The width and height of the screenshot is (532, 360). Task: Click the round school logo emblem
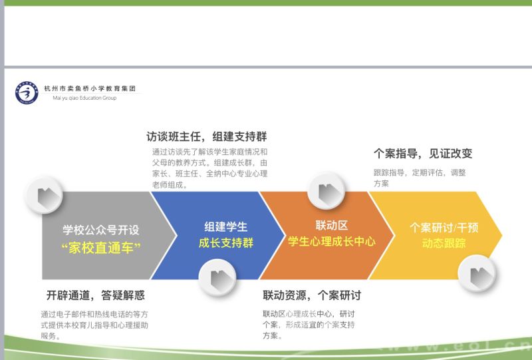pos(27,92)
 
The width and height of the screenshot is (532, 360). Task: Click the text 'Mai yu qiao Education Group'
pos(84,98)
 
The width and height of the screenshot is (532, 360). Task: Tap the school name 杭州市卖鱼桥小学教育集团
pos(90,89)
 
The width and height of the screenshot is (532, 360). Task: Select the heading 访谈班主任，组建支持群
pos(207,136)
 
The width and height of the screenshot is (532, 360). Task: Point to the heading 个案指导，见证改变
pos(423,154)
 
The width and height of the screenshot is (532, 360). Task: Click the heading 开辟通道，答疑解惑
pos(96,295)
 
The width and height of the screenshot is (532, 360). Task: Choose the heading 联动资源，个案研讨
pos(312,295)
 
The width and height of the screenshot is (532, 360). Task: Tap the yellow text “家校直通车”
pos(101,248)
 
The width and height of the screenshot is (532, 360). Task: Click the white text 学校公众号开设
pos(101,230)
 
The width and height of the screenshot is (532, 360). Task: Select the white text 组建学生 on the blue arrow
pos(226,226)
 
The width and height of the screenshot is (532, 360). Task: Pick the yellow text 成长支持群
pos(226,243)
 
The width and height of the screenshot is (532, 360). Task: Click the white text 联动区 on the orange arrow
pos(332,225)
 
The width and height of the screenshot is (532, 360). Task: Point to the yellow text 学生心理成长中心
pos(332,242)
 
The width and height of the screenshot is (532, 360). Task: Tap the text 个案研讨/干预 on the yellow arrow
pos(444,227)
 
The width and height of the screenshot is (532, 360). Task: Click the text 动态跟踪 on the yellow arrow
pos(444,243)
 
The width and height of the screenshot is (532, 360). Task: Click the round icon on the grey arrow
pos(45,195)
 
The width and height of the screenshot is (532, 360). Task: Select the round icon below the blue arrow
pos(217,277)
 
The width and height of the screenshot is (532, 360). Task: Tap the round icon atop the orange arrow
pos(326,190)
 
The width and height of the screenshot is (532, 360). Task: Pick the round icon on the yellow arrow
pos(476,273)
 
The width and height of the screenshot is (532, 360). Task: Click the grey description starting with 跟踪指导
pos(420,178)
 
